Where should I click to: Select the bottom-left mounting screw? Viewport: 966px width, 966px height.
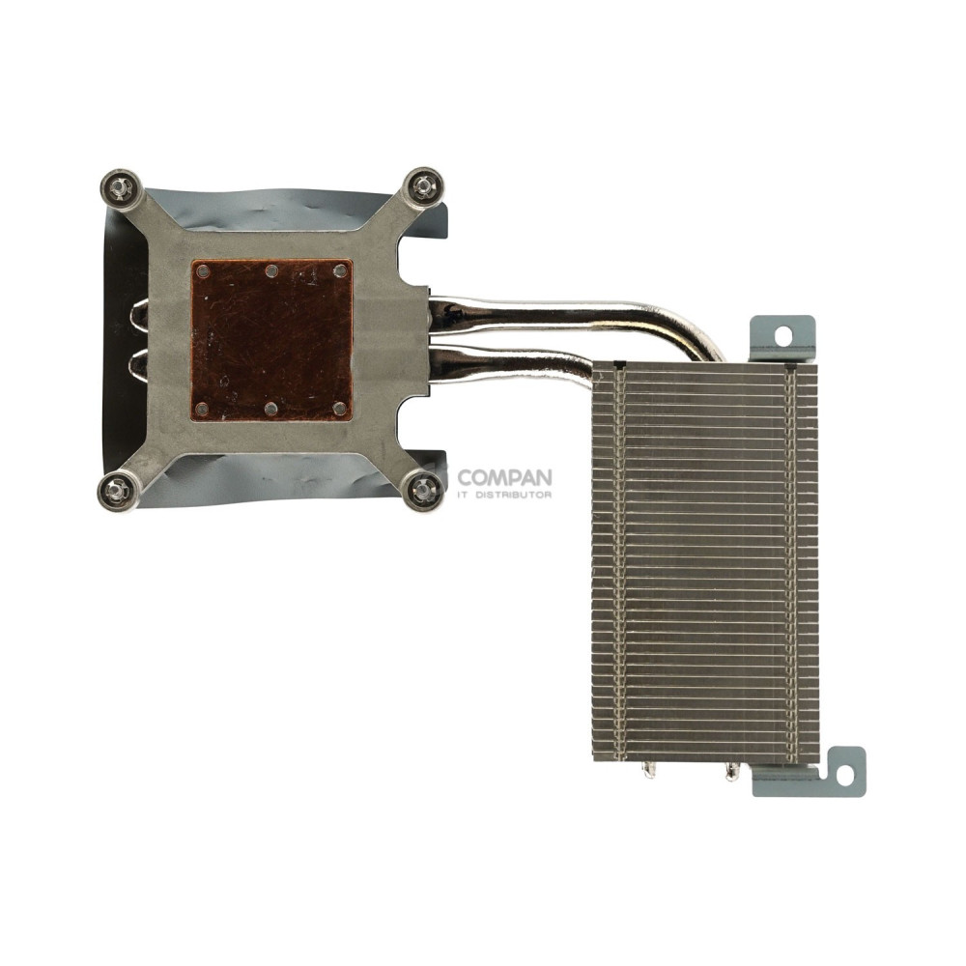[x=118, y=491]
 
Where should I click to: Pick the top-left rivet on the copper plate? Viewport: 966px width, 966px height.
[x=203, y=271]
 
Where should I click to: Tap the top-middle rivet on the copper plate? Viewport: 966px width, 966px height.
[x=271, y=271]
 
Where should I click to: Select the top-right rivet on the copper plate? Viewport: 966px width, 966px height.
[x=340, y=271]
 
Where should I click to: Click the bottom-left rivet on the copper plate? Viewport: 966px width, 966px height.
[x=202, y=409]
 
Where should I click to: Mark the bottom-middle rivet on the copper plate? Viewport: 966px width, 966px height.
[x=271, y=409]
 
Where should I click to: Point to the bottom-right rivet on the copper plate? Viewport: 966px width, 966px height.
[x=340, y=409]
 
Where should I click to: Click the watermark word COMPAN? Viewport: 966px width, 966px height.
[x=504, y=477]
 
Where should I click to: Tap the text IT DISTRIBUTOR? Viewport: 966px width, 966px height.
[x=504, y=496]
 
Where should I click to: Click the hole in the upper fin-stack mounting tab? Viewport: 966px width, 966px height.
[x=782, y=334]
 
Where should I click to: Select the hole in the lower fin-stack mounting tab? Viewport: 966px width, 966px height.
[x=845, y=774]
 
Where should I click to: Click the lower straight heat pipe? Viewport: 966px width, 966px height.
[x=512, y=364]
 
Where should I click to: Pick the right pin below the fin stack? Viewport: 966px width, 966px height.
[x=731, y=771]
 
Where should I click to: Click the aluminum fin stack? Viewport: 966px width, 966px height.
[x=705, y=560]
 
